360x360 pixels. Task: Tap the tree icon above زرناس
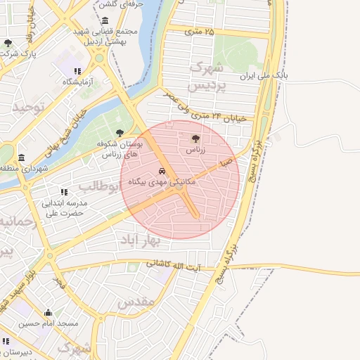point(195,137)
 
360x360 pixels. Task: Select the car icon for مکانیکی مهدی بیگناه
point(162,171)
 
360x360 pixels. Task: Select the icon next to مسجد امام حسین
point(49,313)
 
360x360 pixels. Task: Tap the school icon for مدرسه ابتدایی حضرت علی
point(64,191)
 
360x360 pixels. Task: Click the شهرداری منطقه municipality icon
point(22,157)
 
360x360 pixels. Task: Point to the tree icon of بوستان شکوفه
point(119,131)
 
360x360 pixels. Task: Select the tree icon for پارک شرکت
point(8,43)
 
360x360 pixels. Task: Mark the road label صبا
point(226,162)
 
